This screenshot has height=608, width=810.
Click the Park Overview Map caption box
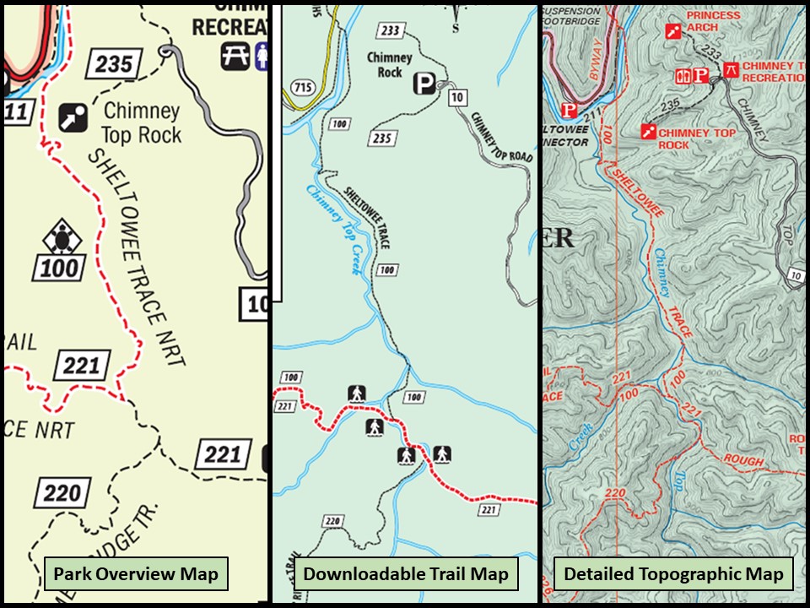click(x=136, y=575)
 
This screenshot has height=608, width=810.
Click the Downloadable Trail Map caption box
click(x=406, y=575)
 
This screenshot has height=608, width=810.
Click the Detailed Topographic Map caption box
click(x=673, y=575)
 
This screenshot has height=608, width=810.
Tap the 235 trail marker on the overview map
click(x=114, y=64)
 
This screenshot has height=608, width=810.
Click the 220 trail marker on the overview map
click(x=62, y=493)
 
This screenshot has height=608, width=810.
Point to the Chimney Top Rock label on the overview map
click(x=141, y=122)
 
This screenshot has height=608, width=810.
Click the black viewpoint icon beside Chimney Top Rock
click(x=73, y=118)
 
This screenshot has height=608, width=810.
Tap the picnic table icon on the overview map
click(x=235, y=55)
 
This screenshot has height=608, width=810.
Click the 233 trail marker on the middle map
click(x=391, y=31)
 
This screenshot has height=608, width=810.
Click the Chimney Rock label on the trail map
click(x=389, y=65)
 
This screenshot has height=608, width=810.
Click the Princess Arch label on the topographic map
click(x=713, y=21)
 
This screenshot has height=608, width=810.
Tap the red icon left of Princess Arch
click(x=672, y=32)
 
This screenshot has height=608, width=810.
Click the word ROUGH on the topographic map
click(x=742, y=461)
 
